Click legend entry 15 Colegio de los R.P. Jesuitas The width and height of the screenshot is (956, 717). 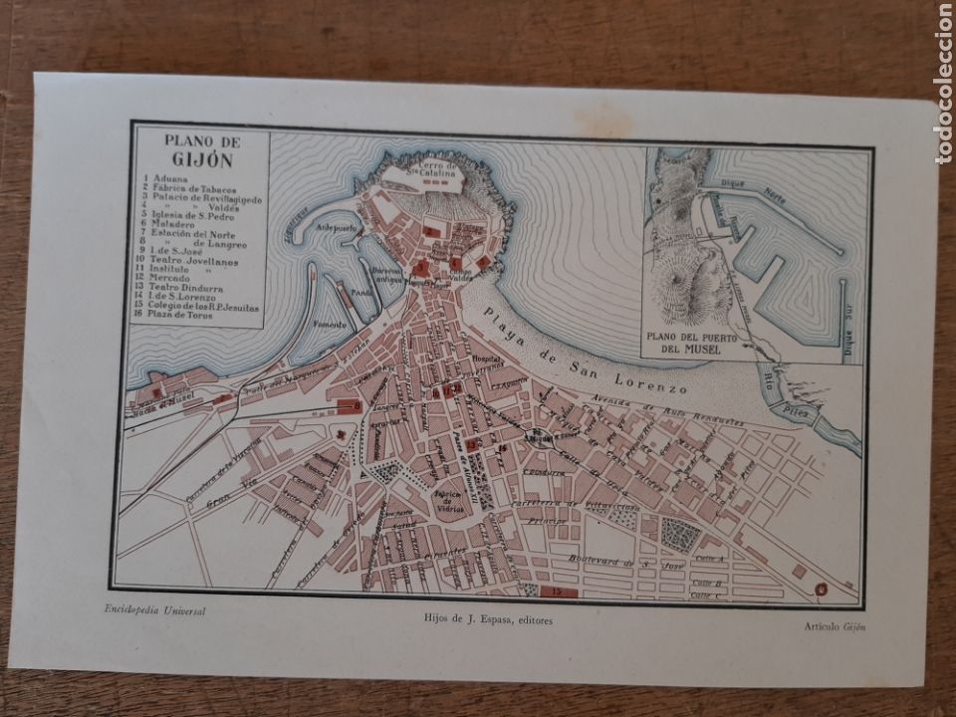point(207,304)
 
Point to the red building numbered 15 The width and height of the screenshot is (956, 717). point(556,592)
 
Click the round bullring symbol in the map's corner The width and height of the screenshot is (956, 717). point(822,589)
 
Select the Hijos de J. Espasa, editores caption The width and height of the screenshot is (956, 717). point(488,619)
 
